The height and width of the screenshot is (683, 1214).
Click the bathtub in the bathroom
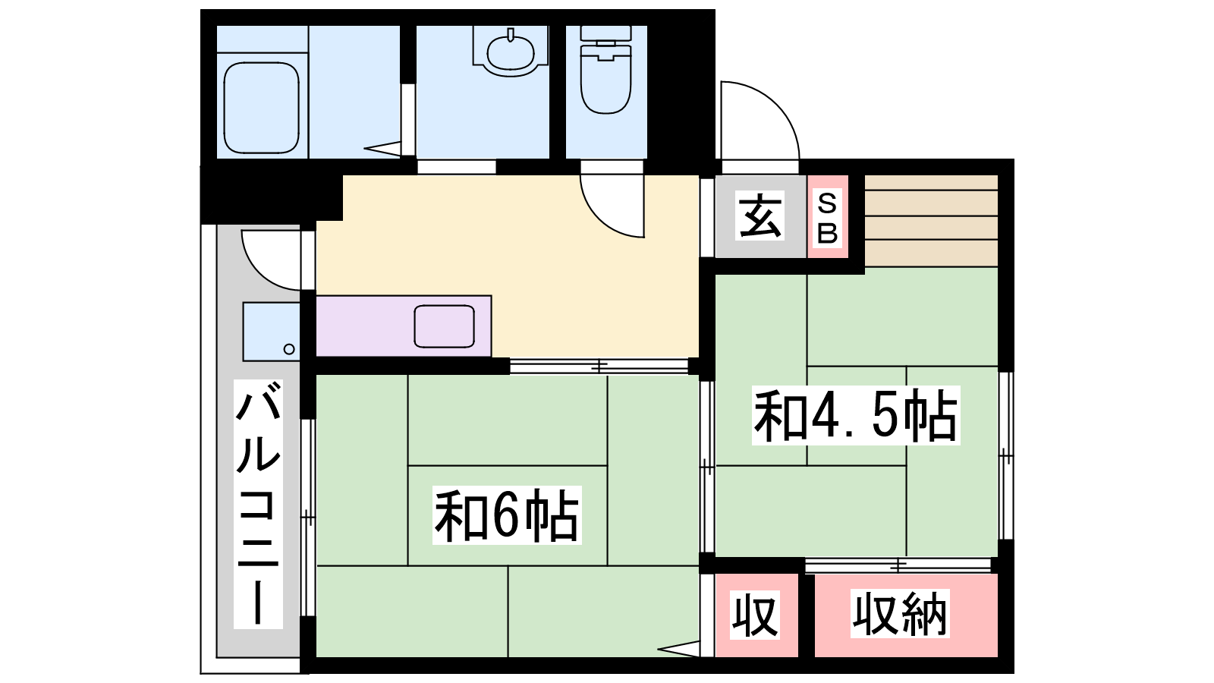pyautogui.click(x=261, y=107)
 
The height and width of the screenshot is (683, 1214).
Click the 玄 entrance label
pyautogui.click(x=760, y=216)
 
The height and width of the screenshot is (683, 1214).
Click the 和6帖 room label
pyautogui.click(x=507, y=515)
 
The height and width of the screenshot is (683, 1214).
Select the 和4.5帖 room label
pyautogui.click(x=856, y=415)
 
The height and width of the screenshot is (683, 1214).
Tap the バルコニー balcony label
pyautogui.click(x=258, y=504)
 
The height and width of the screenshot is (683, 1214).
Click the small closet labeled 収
pyautogui.click(x=756, y=615)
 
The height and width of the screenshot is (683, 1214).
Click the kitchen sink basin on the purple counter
pyautogui.click(x=445, y=326)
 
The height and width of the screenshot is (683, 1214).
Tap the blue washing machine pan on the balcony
pyautogui.click(x=272, y=332)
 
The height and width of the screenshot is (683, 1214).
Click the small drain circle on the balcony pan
pyautogui.click(x=289, y=349)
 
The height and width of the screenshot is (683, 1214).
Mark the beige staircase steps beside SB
pyautogui.click(x=931, y=221)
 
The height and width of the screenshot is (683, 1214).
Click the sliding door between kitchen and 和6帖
pyautogui.click(x=599, y=367)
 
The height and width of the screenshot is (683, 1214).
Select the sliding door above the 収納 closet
pyautogui.click(x=898, y=565)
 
